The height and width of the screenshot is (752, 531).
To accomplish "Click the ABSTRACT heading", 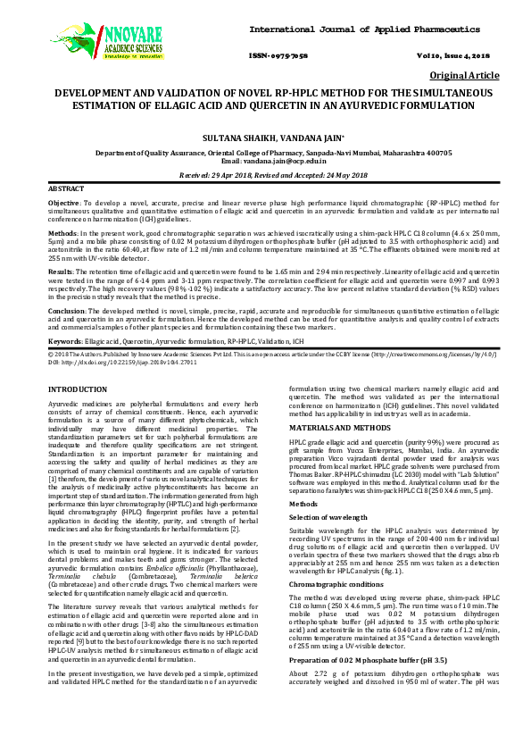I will [x=65, y=190].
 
